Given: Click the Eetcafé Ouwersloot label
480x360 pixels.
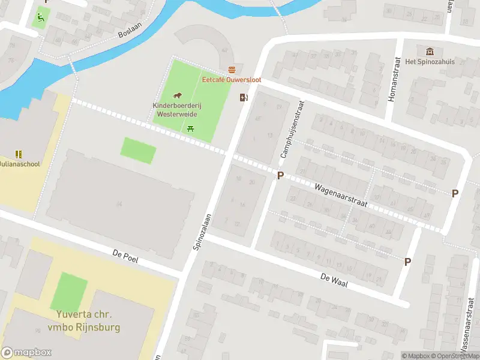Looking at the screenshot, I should click(x=231, y=80).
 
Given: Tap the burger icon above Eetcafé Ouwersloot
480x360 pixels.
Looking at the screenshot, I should click(x=232, y=70).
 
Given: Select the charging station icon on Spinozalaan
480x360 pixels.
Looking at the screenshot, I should click(x=244, y=97).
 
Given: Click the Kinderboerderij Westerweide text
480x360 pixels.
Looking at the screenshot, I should click(x=177, y=109).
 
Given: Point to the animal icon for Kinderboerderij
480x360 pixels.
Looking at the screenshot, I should click(x=177, y=96).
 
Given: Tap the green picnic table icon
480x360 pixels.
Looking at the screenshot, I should click(x=191, y=128).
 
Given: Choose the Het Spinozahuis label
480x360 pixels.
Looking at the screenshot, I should click(x=430, y=62).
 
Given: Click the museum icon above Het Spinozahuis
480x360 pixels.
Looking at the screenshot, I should click(x=429, y=52).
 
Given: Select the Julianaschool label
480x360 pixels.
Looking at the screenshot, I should click(x=19, y=164).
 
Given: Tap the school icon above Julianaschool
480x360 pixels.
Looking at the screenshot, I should click(x=18, y=154).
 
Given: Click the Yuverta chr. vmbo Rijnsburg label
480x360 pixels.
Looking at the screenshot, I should click(x=84, y=321).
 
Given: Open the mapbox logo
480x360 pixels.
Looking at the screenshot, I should click(x=26, y=352).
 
